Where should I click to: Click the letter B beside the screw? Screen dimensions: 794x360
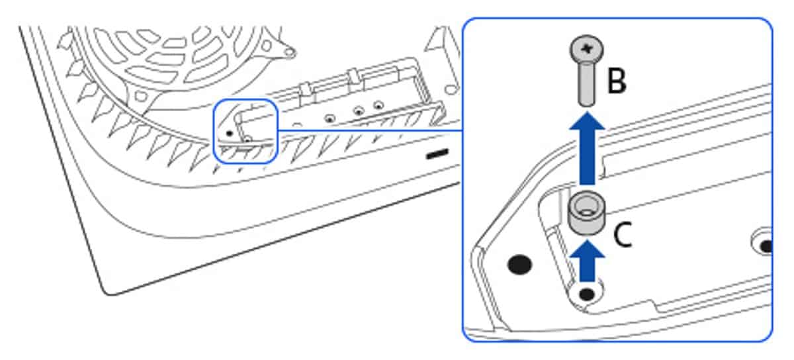point(617,81)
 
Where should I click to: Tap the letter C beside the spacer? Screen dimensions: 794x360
point(623,234)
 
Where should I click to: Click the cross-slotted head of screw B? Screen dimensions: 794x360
point(587,48)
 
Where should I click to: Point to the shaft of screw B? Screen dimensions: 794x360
point(587,83)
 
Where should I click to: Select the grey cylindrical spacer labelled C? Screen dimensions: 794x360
point(587,213)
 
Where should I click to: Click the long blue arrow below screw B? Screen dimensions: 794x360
point(587,148)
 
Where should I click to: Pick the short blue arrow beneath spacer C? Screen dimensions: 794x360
point(587,261)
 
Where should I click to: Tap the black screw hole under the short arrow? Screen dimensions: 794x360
point(587,294)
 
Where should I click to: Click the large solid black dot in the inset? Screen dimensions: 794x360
point(519,264)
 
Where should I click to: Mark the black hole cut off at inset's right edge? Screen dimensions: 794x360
point(767,246)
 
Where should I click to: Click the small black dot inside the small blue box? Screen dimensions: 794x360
point(230,134)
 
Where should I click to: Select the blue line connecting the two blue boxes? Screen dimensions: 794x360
point(370,130)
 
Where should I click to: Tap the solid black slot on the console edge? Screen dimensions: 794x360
point(437,154)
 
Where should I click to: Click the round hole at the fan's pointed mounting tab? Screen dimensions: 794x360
point(290,52)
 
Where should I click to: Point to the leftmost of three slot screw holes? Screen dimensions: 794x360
point(330,118)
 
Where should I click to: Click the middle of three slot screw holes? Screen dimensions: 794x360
point(359,111)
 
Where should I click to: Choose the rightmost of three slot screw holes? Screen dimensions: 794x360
point(379,105)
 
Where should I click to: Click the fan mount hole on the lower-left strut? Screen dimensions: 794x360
point(141,95)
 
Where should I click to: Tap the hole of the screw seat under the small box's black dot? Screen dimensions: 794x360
point(247,140)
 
